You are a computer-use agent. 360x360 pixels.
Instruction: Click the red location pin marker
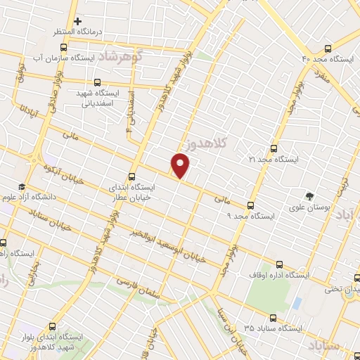pos(181,165)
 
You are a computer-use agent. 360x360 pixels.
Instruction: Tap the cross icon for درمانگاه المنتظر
pos(78,22)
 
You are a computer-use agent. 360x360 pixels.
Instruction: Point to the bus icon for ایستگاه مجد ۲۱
pos(274,148)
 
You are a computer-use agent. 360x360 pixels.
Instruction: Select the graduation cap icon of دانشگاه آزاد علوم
pos(22,186)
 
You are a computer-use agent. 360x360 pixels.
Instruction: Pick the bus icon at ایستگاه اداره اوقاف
pos(281,264)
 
